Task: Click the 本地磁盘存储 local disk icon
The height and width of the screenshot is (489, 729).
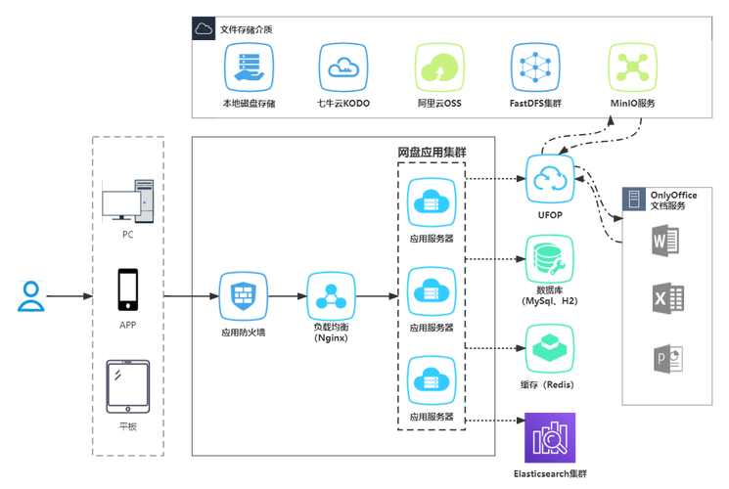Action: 249,67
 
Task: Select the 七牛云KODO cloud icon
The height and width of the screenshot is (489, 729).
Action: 343,67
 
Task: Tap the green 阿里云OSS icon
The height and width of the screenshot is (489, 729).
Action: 439,67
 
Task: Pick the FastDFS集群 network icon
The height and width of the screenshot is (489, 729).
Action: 535,67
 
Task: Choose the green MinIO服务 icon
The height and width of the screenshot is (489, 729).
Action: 632,67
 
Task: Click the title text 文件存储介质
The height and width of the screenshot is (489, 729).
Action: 246,29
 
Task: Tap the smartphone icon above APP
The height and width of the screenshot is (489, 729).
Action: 128,289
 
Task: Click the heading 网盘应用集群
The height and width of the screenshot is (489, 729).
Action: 432,153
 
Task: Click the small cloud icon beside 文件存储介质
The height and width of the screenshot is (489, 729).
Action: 205,29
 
